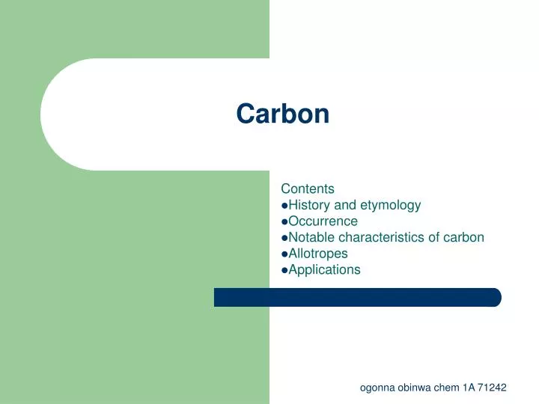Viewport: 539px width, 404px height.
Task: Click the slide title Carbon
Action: (282, 114)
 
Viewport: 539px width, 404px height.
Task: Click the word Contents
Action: (307, 189)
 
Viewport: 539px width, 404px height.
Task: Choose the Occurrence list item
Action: (323, 221)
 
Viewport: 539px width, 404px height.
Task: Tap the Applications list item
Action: (324, 270)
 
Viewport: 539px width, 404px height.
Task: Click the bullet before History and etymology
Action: (284, 206)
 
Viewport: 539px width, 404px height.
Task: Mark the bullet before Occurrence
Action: (284, 222)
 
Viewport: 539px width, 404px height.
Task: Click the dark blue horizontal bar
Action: (357, 297)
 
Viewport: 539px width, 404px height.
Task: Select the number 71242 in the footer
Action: (491, 388)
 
